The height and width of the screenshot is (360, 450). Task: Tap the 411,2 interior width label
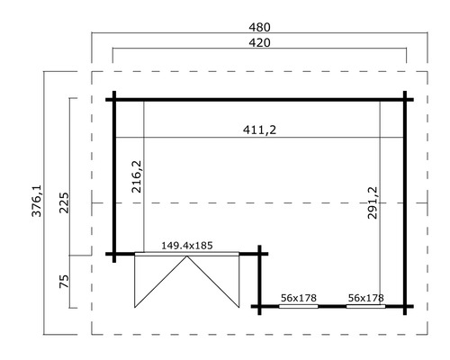coord(258,130)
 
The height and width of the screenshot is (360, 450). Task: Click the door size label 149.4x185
coord(186,244)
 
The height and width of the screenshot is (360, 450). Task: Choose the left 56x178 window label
coord(298,297)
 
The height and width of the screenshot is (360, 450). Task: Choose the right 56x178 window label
coord(365,297)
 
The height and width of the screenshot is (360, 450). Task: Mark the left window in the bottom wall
coord(298,306)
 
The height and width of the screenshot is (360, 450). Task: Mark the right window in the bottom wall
coord(365,306)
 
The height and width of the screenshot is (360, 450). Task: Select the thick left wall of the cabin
coord(114,176)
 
